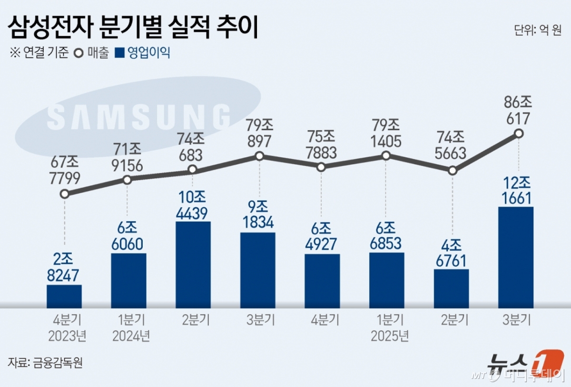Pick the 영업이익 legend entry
click(x=143, y=52)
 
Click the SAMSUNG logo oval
click(x=138, y=116)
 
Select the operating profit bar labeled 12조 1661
click(x=516, y=257)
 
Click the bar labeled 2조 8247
click(x=64, y=296)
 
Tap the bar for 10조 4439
click(x=193, y=264)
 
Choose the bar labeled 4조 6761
click(x=451, y=288)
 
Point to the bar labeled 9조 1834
click(x=257, y=270)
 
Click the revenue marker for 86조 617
click(x=519, y=134)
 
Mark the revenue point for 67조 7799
click(x=65, y=194)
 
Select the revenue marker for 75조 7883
click(x=321, y=167)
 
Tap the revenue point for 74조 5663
click(x=453, y=170)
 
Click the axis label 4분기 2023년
click(x=67, y=328)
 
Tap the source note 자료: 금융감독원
click(x=46, y=363)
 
